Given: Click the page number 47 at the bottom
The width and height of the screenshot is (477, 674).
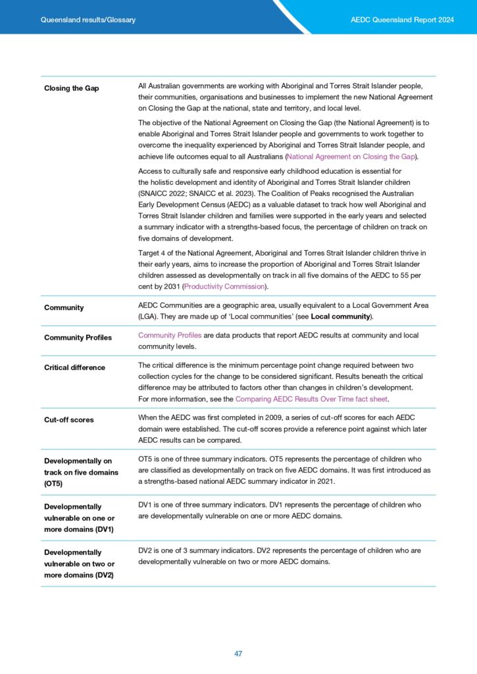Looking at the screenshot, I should (238, 653).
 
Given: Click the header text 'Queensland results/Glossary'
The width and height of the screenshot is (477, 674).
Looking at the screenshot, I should (88, 20).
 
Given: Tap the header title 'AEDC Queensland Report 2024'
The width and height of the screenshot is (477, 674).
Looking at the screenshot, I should (403, 20).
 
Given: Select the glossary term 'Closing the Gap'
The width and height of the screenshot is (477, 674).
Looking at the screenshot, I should (72, 88).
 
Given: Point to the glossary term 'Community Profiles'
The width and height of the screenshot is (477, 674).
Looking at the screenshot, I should (78, 338).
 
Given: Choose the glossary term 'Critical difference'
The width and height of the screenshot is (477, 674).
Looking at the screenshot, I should (74, 367).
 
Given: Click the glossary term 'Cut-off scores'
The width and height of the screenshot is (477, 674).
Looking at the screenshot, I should (69, 419).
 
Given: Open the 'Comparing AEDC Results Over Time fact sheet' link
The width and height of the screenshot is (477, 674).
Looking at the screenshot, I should (312, 399).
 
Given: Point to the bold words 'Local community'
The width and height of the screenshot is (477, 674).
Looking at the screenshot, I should (341, 317).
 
